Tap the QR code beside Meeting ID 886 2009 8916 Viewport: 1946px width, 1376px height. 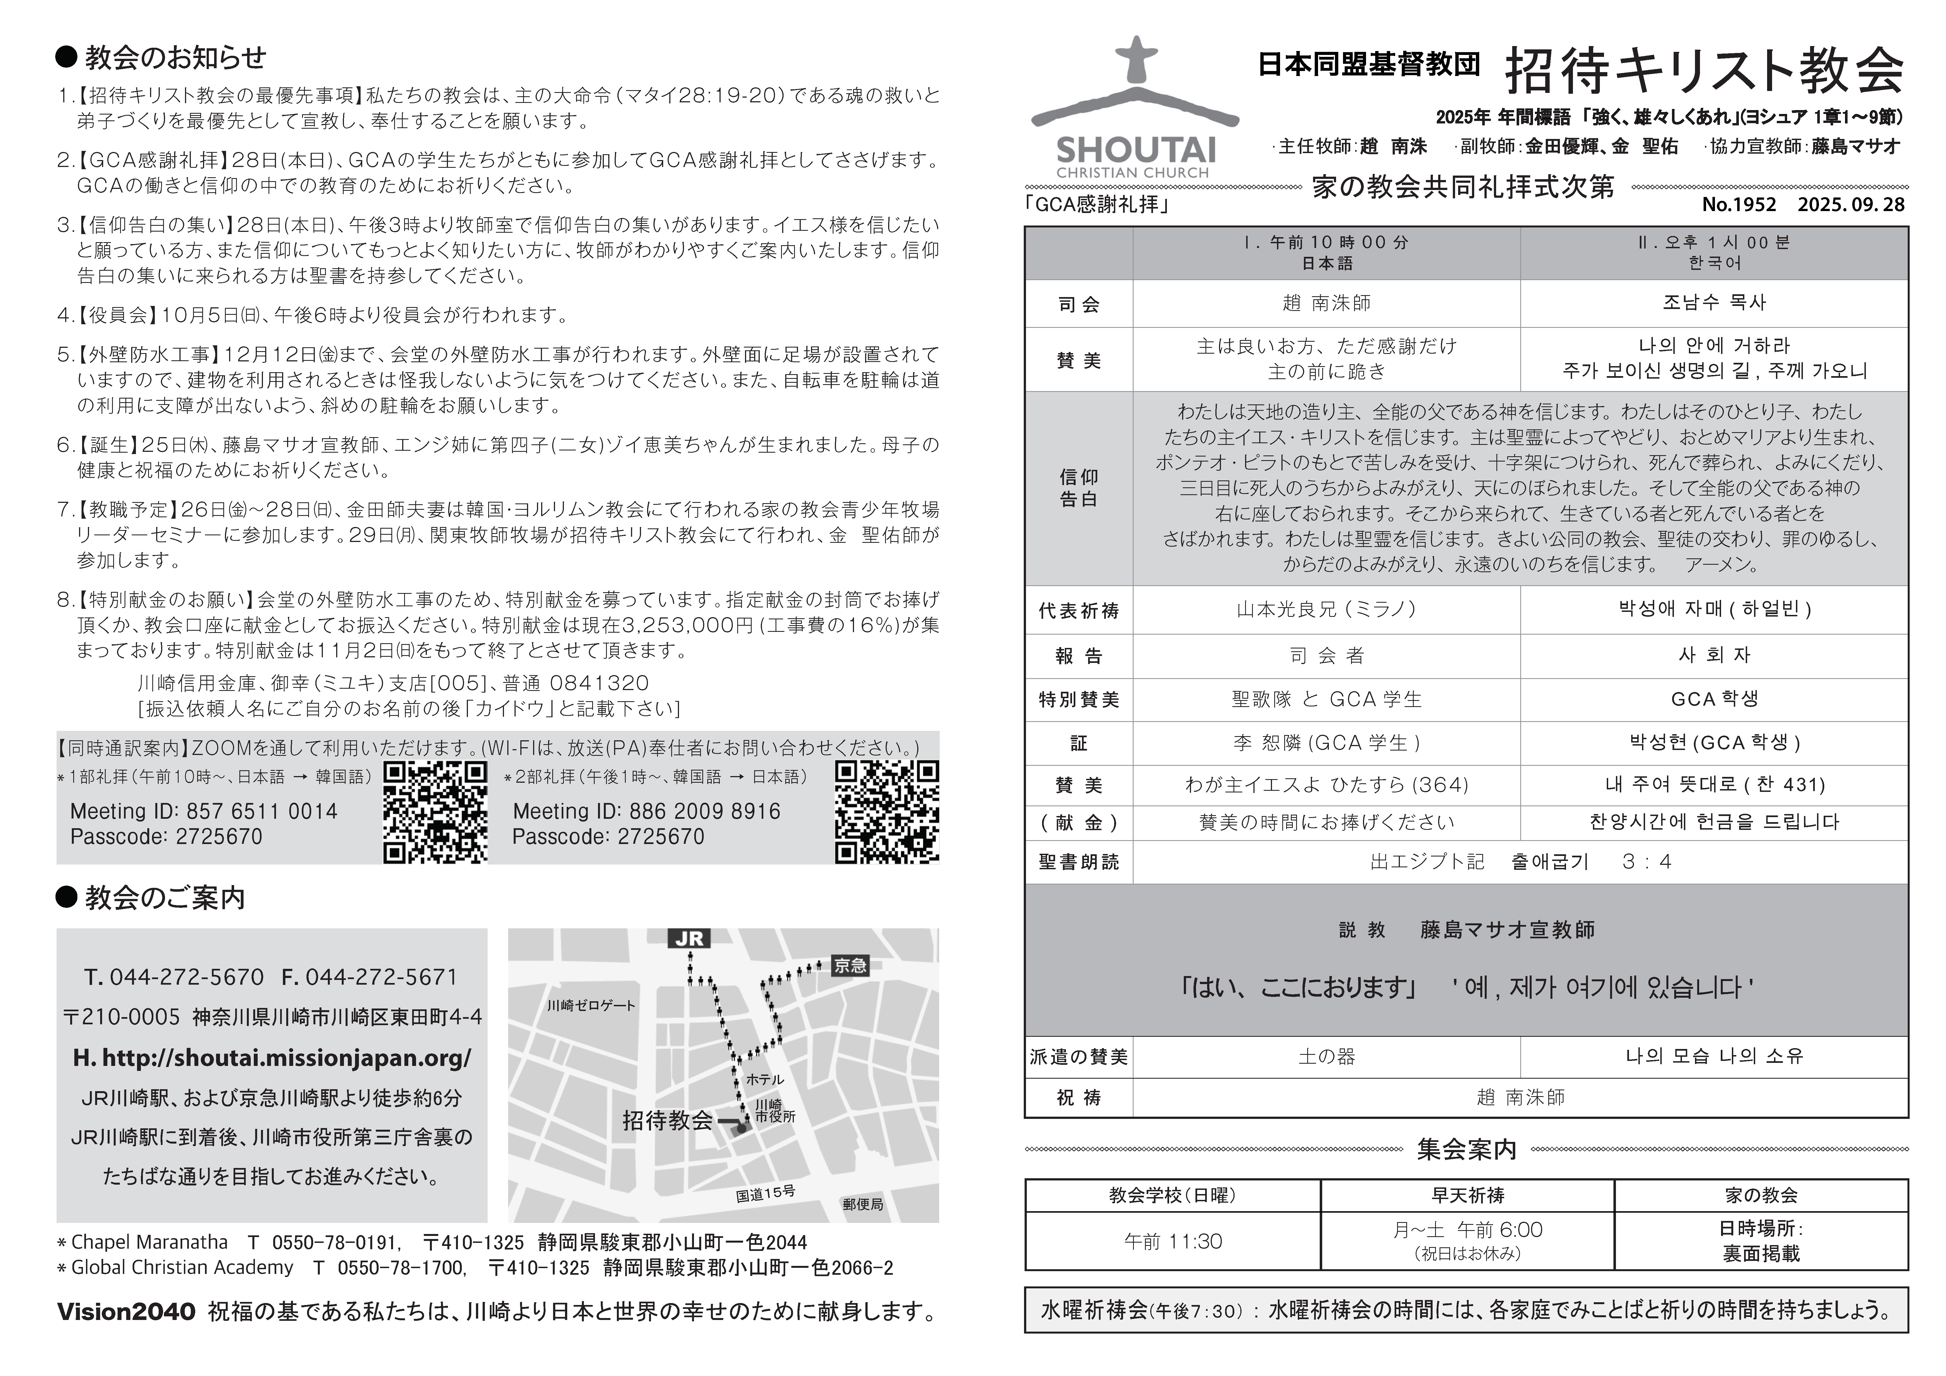point(886,812)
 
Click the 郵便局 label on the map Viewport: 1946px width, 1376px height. point(863,1204)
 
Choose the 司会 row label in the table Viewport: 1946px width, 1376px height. point(1078,304)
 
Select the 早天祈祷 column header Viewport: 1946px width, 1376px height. point(1467,1195)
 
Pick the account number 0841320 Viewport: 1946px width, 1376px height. point(599,683)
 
